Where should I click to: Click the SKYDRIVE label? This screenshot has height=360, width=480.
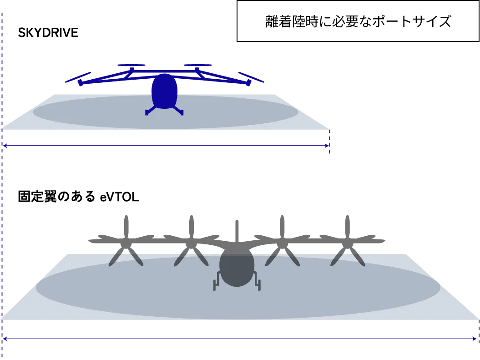(x=48, y=33)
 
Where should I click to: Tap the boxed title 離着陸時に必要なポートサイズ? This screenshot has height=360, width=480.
(x=358, y=21)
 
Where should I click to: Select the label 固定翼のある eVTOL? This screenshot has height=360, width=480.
(x=78, y=197)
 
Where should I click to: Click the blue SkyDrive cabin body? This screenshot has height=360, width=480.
(x=164, y=91)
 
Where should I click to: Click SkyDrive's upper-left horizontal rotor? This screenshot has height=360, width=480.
(x=131, y=65)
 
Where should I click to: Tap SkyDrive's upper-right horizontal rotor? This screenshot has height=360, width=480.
(x=198, y=65)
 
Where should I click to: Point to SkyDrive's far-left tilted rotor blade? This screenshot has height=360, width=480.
(x=78, y=77)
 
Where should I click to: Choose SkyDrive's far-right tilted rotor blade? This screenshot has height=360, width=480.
(x=251, y=77)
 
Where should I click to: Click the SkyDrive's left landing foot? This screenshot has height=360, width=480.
(x=147, y=113)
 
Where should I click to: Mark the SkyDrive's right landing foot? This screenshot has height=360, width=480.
(x=182, y=113)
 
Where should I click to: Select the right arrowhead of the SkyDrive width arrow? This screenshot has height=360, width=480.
(x=327, y=146)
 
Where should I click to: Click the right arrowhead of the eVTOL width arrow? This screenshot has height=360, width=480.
(x=475, y=339)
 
